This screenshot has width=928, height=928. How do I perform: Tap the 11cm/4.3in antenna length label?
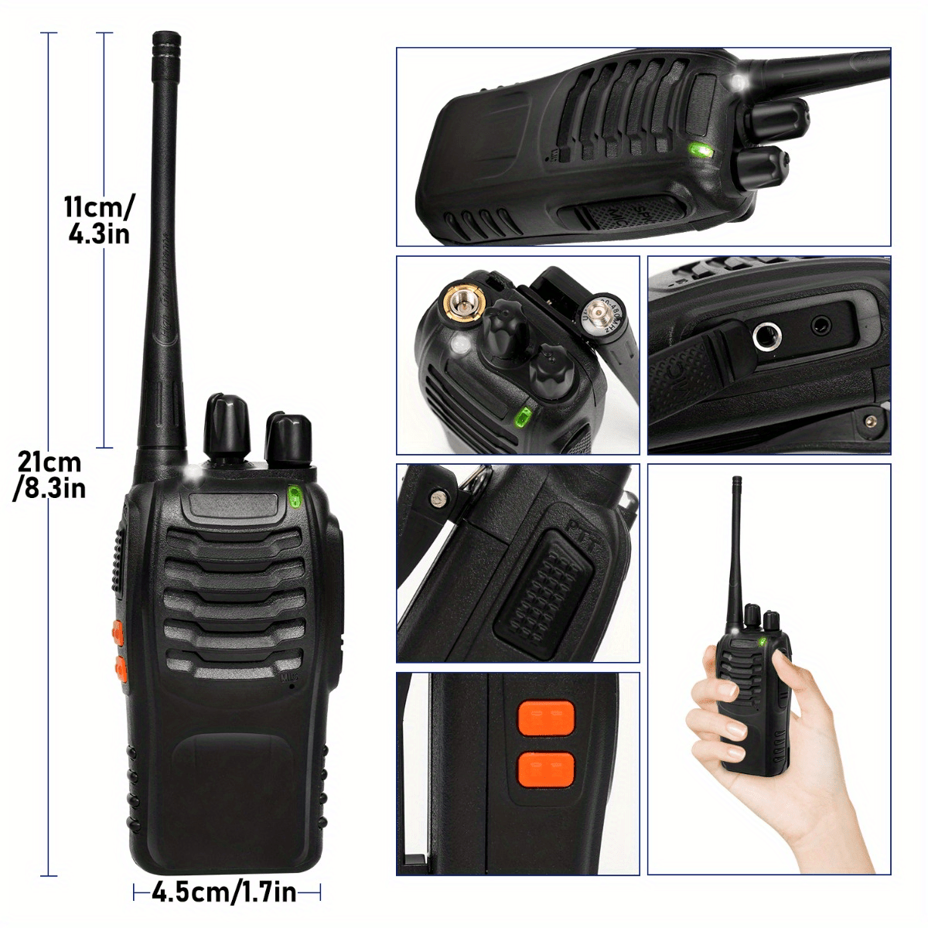click(x=99, y=220)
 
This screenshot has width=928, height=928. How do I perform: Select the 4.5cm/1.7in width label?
click(x=224, y=892)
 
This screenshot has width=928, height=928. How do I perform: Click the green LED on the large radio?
click(x=294, y=496)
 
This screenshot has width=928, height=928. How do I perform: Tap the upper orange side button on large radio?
click(x=118, y=632)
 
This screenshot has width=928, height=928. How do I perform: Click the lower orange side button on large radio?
click(x=121, y=667)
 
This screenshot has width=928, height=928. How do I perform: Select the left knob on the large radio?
click(x=226, y=425)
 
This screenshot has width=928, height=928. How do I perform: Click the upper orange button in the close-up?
click(x=546, y=718)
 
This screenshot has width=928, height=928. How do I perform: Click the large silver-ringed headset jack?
click(x=767, y=336)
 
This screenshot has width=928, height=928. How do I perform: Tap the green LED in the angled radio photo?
click(x=701, y=151)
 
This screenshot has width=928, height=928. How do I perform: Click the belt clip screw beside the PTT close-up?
click(x=438, y=499)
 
